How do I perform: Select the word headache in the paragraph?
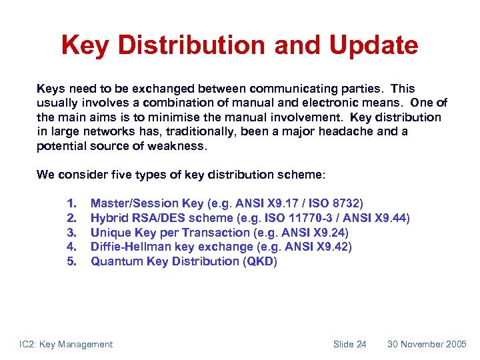(346, 131)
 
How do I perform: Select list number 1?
(71, 203)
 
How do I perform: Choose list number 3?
(71, 233)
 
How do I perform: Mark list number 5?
(71, 261)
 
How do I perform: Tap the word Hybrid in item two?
(108, 218)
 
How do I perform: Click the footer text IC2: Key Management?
(66, 344)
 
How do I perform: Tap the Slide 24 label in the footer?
(349, 344)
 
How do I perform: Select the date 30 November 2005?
(427, 344)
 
